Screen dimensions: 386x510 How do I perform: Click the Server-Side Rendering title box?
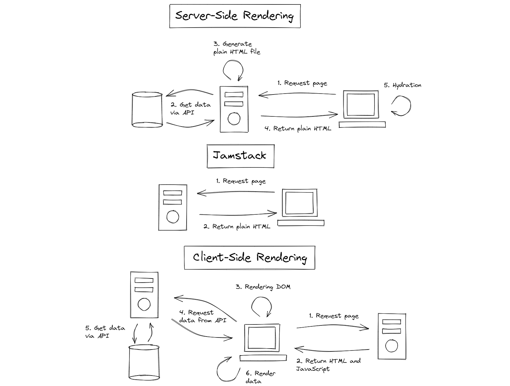coord(235,16)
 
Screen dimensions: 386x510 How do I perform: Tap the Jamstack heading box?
coord(240,156)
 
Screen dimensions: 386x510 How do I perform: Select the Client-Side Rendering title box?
coord(250,258)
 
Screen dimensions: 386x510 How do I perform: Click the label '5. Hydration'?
coord(402,85)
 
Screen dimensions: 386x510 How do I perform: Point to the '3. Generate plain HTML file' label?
coord(236,48)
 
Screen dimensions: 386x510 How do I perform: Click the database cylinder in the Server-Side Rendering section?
coord(147,110)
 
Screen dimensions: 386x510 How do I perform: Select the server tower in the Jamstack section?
coord(173,207)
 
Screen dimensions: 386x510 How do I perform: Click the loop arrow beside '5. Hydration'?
coord(401,106)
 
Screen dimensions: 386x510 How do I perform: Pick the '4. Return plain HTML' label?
coord(298,129)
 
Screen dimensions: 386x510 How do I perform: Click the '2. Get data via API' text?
coord(190,108)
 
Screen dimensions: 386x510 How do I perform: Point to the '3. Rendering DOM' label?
coord(263,287)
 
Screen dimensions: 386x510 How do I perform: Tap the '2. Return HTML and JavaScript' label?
coord(328,365)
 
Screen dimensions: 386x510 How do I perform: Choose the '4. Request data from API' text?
coord(202,317)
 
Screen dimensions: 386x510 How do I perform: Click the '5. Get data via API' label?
coord(105,332)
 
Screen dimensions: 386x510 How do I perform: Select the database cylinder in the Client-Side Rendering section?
coord(144,363)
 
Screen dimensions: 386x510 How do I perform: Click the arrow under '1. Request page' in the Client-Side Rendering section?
coord(333,327)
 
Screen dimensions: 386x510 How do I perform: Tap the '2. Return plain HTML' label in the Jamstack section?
coord(237,227)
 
